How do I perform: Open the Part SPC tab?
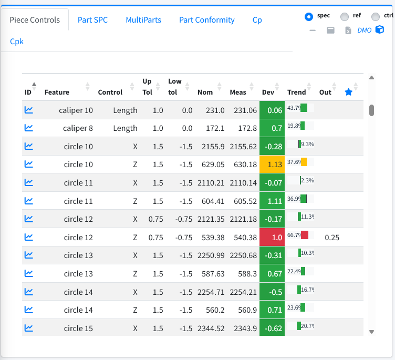coord(92,20)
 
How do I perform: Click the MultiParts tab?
coord(143,20)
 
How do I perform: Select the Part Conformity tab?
coord(207,20)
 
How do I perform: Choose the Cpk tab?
coord(17,42)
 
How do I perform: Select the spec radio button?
coord(309,17)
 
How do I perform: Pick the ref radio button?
coord(345,17)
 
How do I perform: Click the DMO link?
coord(364,30)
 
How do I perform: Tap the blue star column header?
coord(348,92)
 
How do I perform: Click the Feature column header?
coord(57,92)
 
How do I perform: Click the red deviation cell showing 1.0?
coord(272,237)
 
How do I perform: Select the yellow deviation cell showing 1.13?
coord(272,164)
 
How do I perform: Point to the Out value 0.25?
coord(332,238)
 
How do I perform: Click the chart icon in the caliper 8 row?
coord(29,128)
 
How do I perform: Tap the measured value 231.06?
coord(245,110)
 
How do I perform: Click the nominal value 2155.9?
coord(213,147)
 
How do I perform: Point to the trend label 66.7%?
coord(294,235)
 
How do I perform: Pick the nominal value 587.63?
coord(213,274)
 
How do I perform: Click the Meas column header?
coord(238,92)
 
